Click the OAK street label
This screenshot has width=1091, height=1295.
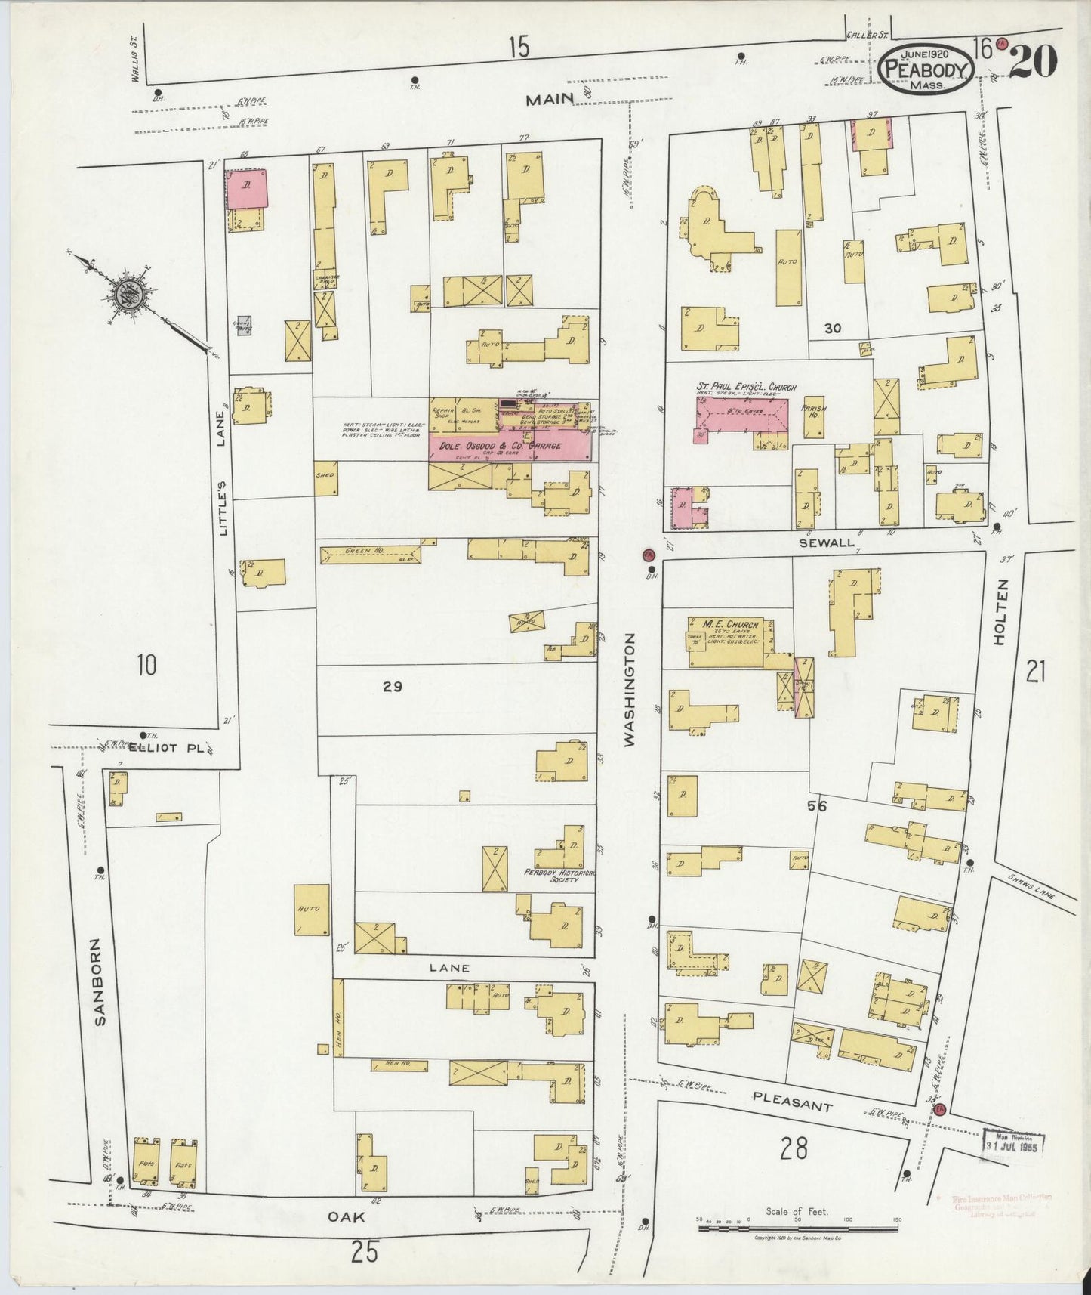[347, 1216]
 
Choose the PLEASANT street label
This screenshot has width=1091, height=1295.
[793, 1100]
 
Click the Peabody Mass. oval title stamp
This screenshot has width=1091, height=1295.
[927, 69]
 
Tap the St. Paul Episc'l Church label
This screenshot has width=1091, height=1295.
[746, 388]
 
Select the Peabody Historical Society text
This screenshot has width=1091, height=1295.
[560, 875]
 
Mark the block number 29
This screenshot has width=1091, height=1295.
[393, 686]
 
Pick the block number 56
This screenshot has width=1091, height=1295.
[817, 806]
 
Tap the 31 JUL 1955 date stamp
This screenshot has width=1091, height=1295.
[1014, 1145]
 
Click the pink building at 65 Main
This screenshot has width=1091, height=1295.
[247, 187]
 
